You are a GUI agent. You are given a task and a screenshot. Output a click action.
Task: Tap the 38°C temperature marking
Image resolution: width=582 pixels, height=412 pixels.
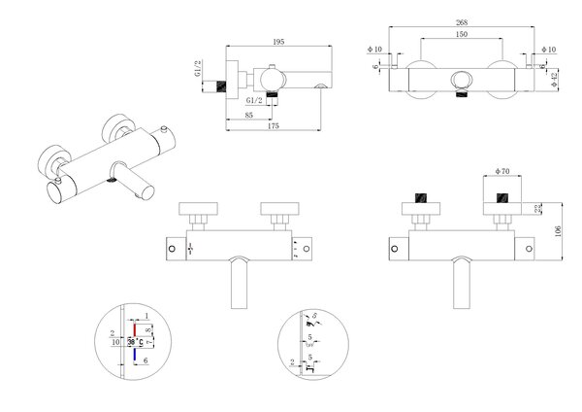pyautogui.click(x=136, y=342)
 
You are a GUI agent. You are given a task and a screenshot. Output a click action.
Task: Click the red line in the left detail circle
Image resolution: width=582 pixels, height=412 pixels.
pyautogui.click(x=134, y=328)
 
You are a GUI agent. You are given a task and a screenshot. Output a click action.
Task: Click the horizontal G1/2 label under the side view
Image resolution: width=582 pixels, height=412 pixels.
pyautogui.click(x=254, y=100)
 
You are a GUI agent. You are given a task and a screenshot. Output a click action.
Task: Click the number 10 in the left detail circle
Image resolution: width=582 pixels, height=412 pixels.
pyautogui.click(x=115, y=342)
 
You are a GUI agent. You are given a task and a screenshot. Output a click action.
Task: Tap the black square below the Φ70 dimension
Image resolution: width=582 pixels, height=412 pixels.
pyautogui.click(x=501, y=198)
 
